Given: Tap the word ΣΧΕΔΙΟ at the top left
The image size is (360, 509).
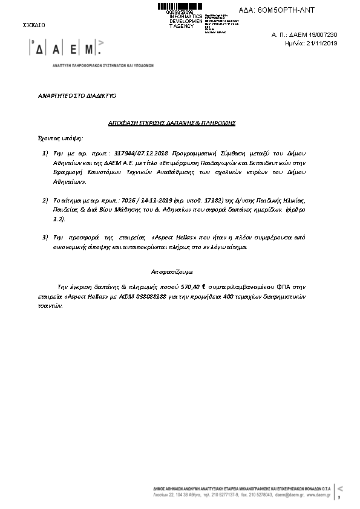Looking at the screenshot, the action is pos(34,25).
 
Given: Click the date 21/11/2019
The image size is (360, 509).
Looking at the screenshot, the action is pos(323,44).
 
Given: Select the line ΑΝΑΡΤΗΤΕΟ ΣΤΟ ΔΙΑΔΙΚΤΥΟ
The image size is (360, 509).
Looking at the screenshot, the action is pos(77,96).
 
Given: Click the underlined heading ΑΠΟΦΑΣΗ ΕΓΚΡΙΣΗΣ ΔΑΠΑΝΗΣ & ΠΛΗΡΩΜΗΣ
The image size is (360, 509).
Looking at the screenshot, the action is pos(172,123).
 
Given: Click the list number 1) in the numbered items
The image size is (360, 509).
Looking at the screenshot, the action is pos(45,154).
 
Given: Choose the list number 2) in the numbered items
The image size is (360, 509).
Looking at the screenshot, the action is pos(45,199).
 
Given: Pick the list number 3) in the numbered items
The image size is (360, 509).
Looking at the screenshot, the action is pos(45,236).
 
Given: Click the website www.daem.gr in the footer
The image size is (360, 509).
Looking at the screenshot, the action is pos(318,494).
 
